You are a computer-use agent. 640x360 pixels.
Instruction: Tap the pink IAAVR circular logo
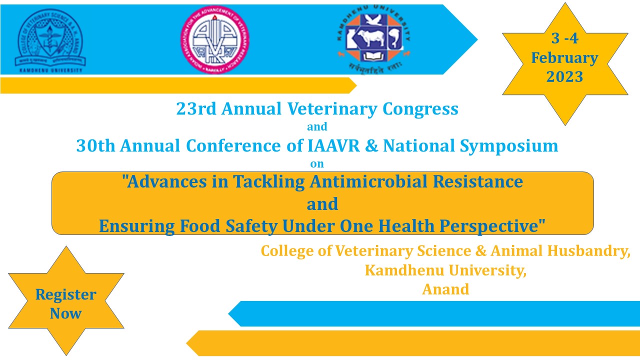coord(215,40)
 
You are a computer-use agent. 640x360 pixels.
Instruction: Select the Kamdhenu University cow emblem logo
coord(374,40)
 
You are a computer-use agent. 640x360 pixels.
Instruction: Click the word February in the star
coord(564,58)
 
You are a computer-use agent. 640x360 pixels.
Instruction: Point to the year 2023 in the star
coord(564,77)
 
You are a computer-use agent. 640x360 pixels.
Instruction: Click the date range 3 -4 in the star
coord(564,38)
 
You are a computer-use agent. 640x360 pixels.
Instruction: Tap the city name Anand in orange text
coord(445,289)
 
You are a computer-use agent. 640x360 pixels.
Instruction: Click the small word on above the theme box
coord(317,163)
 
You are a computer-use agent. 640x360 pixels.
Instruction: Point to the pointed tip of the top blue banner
coord(476,39)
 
